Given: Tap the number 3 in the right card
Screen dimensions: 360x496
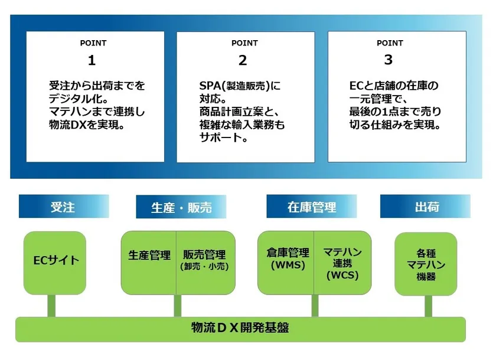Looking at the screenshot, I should [388, 60].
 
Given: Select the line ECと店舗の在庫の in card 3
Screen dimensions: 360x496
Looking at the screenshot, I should [394, 86].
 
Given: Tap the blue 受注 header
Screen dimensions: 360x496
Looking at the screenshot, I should [63, 207].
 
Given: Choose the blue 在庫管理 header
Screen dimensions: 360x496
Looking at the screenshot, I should [312, 207].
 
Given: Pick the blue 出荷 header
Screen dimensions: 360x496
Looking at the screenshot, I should [426, 207].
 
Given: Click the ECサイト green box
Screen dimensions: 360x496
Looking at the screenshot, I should [56, 260].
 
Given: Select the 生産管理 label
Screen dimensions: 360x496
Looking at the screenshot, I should [149, 256].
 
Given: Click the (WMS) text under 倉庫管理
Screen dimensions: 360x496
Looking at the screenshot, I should [287, 265].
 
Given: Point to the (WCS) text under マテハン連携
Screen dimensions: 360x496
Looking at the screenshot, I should [342, 276].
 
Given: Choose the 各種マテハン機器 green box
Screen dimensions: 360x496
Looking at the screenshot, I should [426, 264].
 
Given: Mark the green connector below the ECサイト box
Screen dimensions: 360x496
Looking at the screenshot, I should [51, 306].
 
